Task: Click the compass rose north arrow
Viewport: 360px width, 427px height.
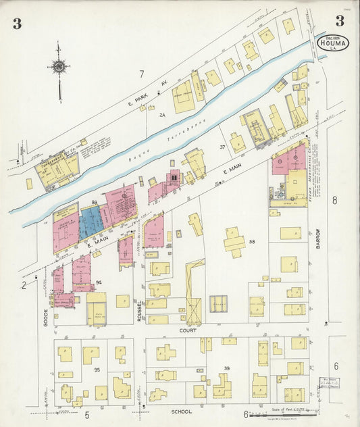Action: tap(59, 68)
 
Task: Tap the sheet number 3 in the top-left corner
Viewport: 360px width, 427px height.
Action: tap(16, 24)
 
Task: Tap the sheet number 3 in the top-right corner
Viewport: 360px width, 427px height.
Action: tap(339, 20)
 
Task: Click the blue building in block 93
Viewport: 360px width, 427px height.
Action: tap(91, 222)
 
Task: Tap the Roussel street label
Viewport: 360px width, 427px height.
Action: tap(139, 311)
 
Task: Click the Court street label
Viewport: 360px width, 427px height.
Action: tap(187, 330)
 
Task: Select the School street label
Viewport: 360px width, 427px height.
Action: tap(181, 411)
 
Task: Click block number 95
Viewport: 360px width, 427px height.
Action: tap(97, 370)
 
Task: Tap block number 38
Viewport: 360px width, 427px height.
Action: tap(252, 241)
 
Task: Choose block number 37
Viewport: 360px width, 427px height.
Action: tap(222, 147)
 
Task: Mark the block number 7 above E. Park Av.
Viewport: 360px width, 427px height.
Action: tap(141, 73)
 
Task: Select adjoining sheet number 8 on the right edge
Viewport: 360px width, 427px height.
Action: tap(334, 199)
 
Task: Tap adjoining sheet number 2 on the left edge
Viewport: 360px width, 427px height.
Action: tap(23, 285)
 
